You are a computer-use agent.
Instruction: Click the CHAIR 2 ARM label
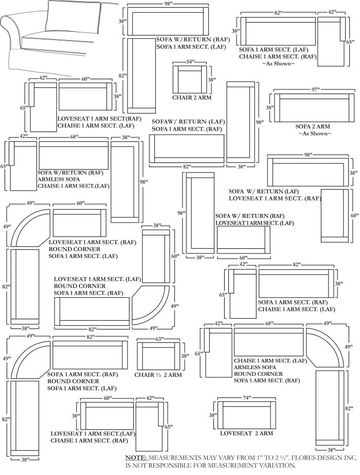click(192, 97)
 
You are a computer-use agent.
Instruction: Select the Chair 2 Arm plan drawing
click(190, 79)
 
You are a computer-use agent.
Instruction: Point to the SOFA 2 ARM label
click(313, 126)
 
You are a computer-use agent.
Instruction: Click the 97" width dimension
click(315, 90)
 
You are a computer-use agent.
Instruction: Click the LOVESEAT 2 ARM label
click(246, 433)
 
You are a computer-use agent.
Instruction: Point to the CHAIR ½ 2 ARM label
click(158, 375)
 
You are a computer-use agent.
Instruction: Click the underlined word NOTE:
click(136, 457)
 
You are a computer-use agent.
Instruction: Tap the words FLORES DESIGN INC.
click(323, 457)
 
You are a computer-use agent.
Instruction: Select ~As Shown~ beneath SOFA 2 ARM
click(315, 133)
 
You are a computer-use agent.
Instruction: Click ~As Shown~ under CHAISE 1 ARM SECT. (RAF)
click(278, 64)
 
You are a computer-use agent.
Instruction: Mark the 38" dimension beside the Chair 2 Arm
click(212, 80)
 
